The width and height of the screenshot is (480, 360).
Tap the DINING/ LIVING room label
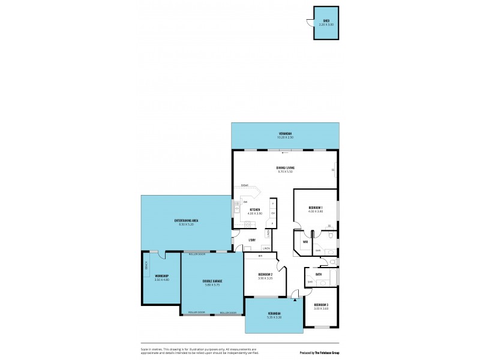[286, 167]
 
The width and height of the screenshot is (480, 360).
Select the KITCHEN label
[255, 209]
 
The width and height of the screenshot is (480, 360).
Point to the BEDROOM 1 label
[316, 208]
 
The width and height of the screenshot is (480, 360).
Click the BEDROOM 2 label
[265, 274]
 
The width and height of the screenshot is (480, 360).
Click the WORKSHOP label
[162, 276]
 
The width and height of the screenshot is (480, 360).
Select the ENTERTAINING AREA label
[187, 221]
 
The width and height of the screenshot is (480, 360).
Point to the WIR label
[305, 242]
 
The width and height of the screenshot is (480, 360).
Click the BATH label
[319, 274]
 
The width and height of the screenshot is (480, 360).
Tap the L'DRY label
[253, 240]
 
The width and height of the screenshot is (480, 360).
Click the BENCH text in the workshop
[146, 265]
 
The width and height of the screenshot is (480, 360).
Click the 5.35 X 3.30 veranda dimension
[274, 317]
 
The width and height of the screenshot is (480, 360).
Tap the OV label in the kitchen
[272, 214]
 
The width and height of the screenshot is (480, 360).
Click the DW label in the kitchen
[245, 202]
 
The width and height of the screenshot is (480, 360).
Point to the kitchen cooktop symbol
[247, 224]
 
